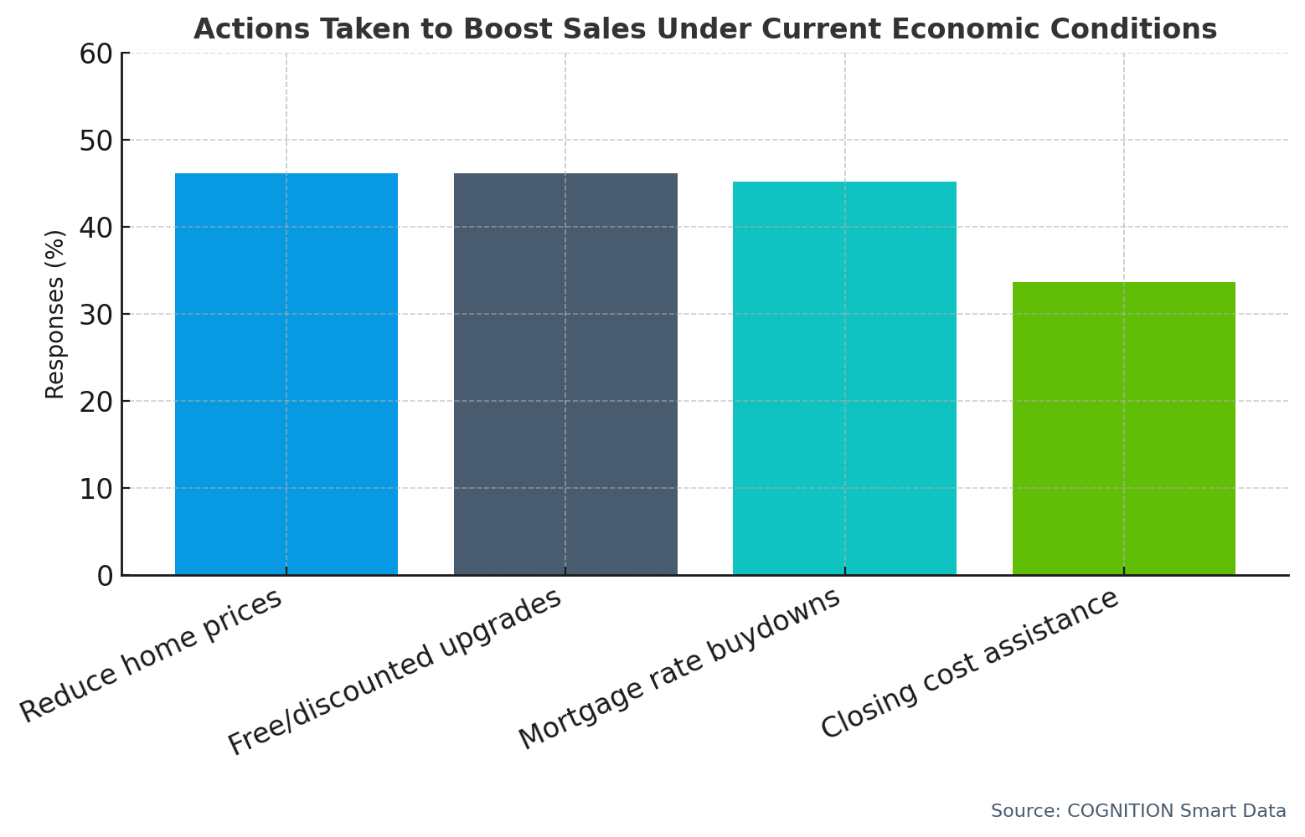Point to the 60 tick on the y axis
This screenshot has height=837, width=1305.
(96, 54)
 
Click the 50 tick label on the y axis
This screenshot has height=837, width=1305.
(96, 141)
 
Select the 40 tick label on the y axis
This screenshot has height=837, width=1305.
(96, 228)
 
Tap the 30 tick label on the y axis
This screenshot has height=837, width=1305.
(96, 315)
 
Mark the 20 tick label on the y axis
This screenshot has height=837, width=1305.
(96, 402)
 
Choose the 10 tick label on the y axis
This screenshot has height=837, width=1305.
(96, 489)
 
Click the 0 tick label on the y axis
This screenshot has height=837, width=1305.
(105, 576)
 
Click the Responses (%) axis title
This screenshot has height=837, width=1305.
(55, 314)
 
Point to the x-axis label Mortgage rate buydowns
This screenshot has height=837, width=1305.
(679, 669)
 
